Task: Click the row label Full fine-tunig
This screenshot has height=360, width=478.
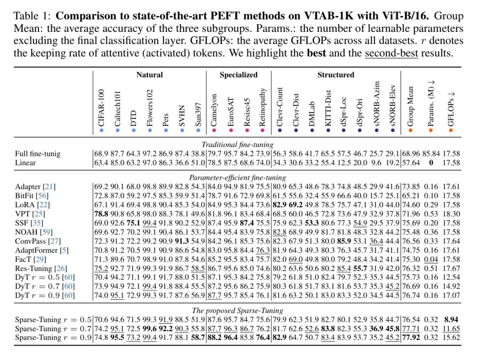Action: coord(37,154)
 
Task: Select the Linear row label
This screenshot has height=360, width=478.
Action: coord(26,163)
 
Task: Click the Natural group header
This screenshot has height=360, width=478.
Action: coord(150,75)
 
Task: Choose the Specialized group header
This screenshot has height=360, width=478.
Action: coord(239,75)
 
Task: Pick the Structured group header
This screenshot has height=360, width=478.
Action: coord(335,75)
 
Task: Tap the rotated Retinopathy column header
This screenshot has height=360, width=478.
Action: coord(262,108)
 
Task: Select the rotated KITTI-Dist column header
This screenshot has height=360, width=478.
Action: coord(328,108)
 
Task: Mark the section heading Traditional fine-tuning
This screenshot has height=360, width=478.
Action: coord(238,144)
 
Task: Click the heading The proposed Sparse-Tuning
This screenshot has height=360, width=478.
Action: coord(238,310)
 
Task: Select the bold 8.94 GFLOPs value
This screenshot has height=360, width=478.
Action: coord(452,320)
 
